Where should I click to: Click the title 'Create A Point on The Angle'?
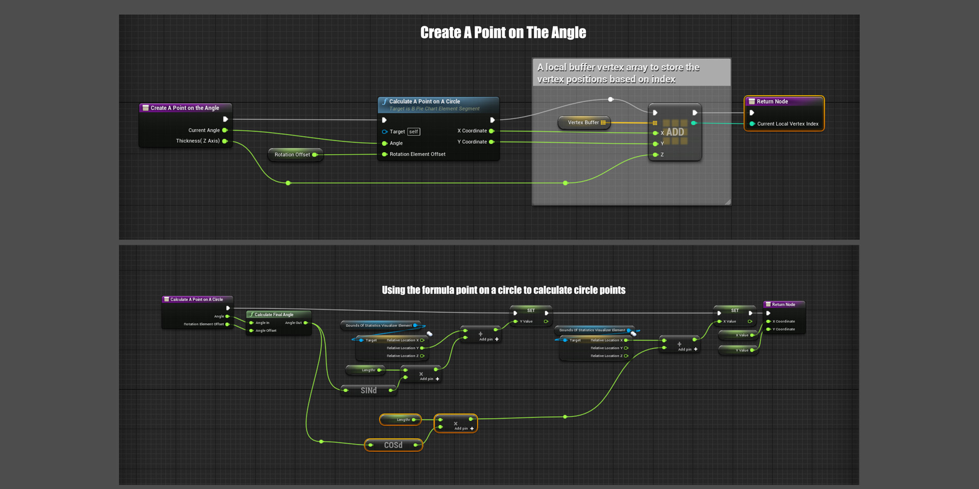[503, 33]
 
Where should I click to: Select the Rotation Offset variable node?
[292, 154]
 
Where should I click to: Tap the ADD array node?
[675, 132]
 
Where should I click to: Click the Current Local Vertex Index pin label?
[787, 124]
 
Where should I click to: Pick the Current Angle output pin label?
[204, 130]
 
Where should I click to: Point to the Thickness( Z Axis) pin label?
[198, 141]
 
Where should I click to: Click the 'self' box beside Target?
[414, 132]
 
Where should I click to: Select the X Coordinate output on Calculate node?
[472, 131]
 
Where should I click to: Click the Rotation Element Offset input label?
[417, 154]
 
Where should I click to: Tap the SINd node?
[369, 391]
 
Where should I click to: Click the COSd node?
[393, 445]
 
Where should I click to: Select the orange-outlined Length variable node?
[400, 420]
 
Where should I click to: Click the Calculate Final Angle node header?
[274, 315]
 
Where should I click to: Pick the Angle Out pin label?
[293, 323]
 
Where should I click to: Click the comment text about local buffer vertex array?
[618, 73]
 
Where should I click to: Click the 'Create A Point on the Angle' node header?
[185, 108]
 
